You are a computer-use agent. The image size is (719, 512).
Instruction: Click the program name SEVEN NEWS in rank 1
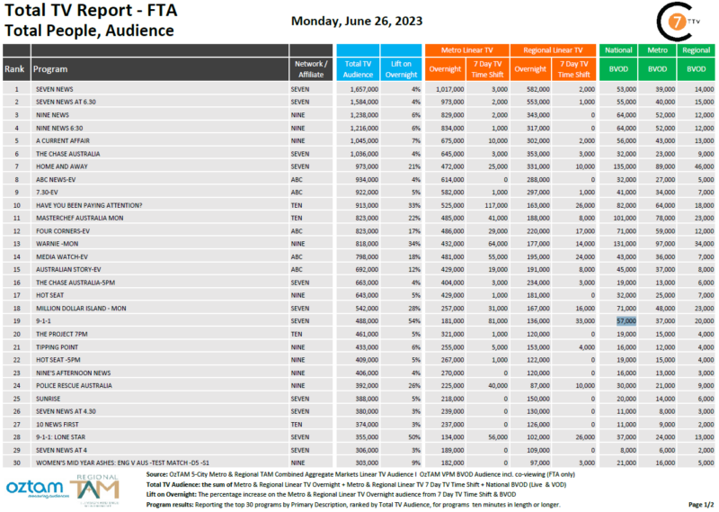[54, 90]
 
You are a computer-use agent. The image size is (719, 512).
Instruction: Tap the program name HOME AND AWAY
[60, 166]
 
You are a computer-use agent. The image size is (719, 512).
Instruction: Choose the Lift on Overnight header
[400, 68]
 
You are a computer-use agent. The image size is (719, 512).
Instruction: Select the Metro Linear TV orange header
[466, 50]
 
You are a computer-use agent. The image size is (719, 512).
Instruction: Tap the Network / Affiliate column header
[311, 68]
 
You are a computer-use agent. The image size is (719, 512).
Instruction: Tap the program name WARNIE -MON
[58, 243]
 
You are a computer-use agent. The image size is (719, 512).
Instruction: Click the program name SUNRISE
[48, 396]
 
